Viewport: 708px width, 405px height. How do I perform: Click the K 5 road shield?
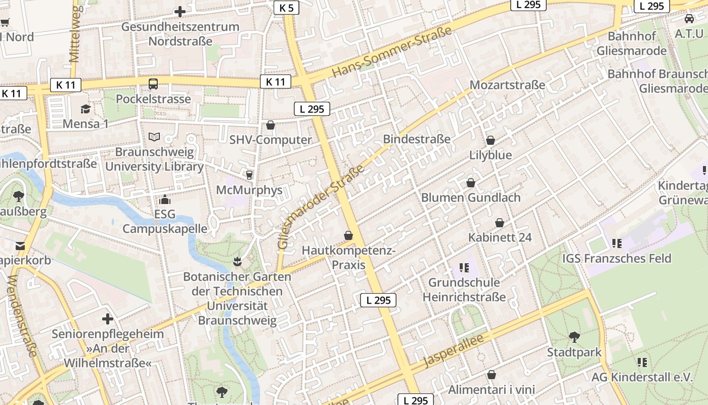286,8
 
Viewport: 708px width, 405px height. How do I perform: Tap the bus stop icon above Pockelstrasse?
153,84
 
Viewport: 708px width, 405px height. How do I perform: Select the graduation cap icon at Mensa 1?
85,109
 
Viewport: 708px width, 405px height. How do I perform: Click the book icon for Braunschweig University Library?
154,137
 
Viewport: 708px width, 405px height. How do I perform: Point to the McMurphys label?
249,190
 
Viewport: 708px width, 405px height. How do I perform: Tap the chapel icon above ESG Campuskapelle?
165,200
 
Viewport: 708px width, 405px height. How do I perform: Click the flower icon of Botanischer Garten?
237,262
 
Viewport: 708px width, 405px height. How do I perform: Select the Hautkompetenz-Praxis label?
348,258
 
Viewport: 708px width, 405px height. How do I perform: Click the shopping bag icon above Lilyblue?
490,140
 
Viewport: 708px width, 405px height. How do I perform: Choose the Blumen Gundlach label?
471,197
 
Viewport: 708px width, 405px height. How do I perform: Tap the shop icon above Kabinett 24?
500,223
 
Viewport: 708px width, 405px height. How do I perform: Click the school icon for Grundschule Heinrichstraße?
464,267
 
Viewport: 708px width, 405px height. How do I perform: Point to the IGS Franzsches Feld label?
617,259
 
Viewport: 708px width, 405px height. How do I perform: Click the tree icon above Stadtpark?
574,337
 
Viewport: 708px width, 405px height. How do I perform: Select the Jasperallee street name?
456,350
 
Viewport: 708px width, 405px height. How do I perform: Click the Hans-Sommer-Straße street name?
391,53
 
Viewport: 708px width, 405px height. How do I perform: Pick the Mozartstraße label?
507,85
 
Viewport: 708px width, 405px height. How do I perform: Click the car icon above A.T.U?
689,19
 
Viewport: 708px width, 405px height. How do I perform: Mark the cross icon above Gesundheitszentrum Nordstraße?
180,12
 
